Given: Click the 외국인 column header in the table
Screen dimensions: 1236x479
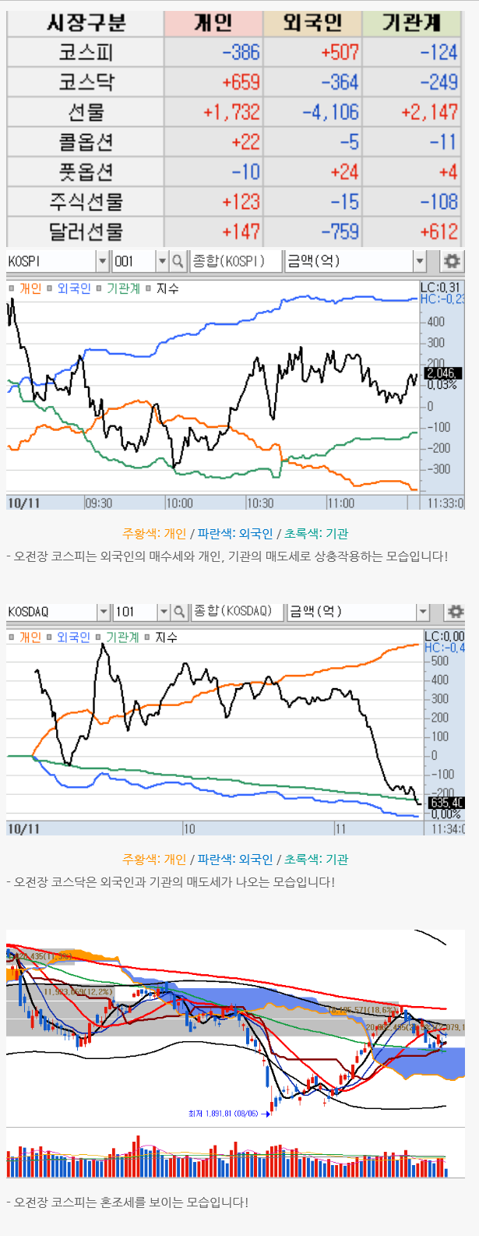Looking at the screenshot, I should pyautogui.click(x=312, y=23).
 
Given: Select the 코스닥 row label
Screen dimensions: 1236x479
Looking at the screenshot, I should pyautogui.click(x=86, y=82).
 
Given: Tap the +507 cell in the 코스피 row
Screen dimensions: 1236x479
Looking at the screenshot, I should pyautogui.click(x=340, y=52).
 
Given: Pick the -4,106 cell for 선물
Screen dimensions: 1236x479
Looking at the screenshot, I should pyautogui.click(x=331, y=112).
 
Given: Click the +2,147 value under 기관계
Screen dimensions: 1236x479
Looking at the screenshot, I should pyautogui.click(x=429, y=112).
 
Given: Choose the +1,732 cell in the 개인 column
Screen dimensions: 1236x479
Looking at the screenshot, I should pyautogui.click(x=231, y=112).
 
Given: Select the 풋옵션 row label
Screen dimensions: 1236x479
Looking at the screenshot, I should pyautogui.click(x=86, y=171).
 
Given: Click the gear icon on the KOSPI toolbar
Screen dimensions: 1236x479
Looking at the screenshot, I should pyautogui.click(x=451, y=261).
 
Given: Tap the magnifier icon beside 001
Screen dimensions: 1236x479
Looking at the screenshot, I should pyautogui.click(x=178, y=261).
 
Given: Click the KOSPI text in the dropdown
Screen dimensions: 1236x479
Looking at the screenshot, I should pyautogui.click(x=24, y=261).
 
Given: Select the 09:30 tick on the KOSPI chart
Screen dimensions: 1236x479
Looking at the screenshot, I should pyautogui.click(x=98, y=503).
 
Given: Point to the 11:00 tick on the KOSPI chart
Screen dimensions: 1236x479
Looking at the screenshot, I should pyautogui.click(x=340, y=503).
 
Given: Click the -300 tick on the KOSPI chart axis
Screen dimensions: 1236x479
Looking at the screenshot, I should pyautogui.click(x=438, y=469).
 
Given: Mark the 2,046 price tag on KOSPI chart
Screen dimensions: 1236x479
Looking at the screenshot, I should pyautogui.click(x=442, y=373).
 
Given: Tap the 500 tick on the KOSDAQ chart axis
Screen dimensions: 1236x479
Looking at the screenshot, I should pyautogui.click(x=439, y=661).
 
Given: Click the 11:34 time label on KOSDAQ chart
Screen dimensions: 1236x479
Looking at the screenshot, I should pyautogui.click(x=447, y=829).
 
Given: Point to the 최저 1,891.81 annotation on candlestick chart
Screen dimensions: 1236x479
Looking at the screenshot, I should pyautogui.click(x=223, y=1114).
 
